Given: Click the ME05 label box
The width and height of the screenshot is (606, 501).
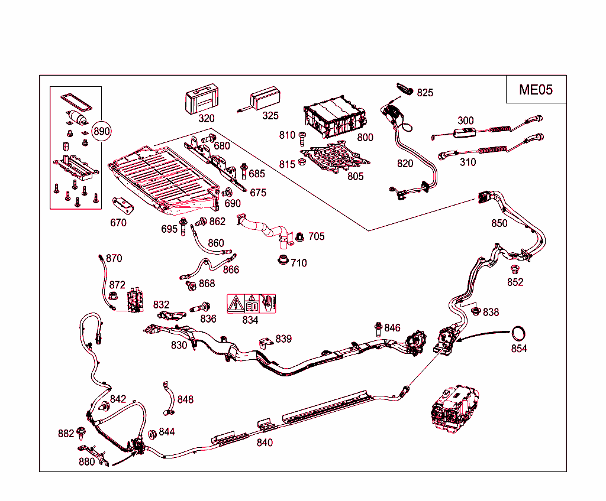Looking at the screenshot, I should point(536,89).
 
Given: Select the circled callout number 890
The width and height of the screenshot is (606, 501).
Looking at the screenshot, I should point(102,131).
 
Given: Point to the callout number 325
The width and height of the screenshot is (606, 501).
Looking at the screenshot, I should point(270,116).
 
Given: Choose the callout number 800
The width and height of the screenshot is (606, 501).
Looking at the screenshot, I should point(365,137).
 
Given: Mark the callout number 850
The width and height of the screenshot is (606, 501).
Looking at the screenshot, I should point(499,223).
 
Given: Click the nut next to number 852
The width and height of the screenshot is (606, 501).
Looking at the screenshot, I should point(514,269).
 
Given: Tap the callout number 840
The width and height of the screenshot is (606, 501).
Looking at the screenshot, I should point(265,442).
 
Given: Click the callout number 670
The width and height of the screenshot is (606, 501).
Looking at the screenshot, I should point(118,223).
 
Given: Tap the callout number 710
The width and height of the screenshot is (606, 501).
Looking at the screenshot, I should point(299,263).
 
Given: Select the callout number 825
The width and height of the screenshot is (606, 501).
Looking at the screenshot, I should point(424,93).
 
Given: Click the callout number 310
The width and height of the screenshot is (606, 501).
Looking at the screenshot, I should point(468,162).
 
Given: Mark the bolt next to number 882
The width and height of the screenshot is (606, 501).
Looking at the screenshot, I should point(81,432).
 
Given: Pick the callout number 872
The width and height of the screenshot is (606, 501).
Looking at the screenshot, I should point(117,285).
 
